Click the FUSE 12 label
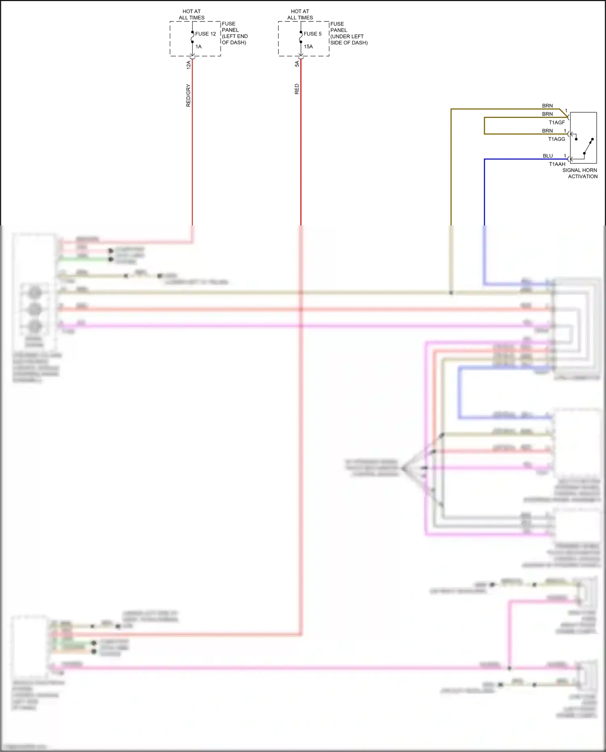[x=205, y=34]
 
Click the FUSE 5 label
[x=312, y=34]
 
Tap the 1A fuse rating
[x=198, y=46]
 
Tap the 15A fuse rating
[x=308, y=46]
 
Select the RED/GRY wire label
[x=188, y=95]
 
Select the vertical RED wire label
[x=297, y=89]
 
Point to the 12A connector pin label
[x=189, y=65]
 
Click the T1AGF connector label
[x=557, y=122]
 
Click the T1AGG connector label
[x=556, y=139]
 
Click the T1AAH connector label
[x=557, y=164]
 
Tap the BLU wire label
[x=547, y=156]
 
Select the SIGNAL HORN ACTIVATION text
[x=580, y=173]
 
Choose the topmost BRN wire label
[x=547, y=106]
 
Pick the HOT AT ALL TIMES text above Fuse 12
[x=191, y=15]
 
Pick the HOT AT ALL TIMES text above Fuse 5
[x=300, y=15]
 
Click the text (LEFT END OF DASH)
[x=235, y=39]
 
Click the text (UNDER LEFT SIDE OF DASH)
[x=349, y=40]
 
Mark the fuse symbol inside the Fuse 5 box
[x=301, y=37]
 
